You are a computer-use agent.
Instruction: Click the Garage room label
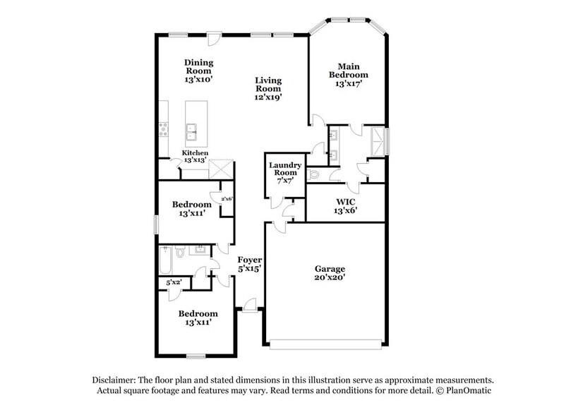click(x=330, y=269)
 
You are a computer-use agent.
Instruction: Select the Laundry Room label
click(x=284, y=169)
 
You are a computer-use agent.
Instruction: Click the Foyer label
click(x=250, y=260)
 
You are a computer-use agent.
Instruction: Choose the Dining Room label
click(x=199, y=66)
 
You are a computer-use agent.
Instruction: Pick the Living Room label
click(x=268, y=85)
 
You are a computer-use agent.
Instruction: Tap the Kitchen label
click(x=196, y=152)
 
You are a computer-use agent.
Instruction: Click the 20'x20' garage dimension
click(x=330, y=278)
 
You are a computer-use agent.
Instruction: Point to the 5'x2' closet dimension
click(x=173, y=283)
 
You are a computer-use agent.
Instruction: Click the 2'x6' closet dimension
click(x=227, y=199)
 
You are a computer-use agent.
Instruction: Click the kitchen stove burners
click(x=164, y=128)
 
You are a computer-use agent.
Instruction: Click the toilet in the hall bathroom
click(x=181, y=251)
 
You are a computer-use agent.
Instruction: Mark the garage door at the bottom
click(x=327, y=344)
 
